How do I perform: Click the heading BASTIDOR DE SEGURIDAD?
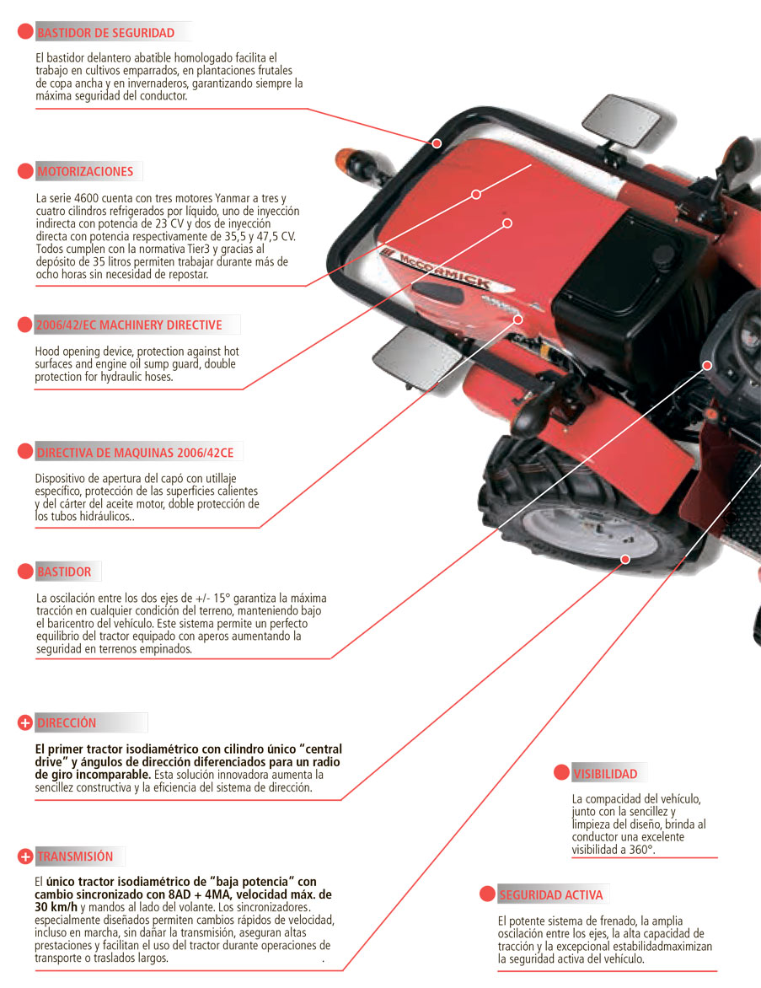[105, 33]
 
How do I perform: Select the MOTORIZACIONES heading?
[85, 172]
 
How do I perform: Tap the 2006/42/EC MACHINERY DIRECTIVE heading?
[129, 325]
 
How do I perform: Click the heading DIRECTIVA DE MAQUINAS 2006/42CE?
[135, 453]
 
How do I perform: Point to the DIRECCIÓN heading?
[67, 723]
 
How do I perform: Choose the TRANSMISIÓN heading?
[75, 856]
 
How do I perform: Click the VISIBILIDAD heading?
[605, 774]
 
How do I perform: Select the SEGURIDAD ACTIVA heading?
[551, 895]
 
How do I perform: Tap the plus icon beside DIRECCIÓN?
[25, 723]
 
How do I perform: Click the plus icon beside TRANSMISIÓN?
[25, 856]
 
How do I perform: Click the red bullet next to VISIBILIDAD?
[560, 773]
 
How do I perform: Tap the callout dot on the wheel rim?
[625, 559]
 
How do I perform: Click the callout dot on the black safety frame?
[437, 143]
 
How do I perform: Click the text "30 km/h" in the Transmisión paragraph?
[56, 907]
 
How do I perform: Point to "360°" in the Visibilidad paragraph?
[638, 850]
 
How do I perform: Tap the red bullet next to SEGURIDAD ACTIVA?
[486, 894]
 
